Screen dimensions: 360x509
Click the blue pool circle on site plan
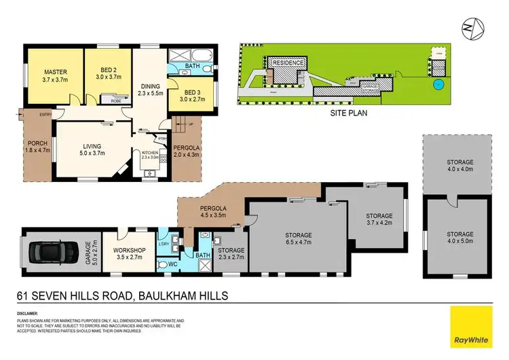click(438, 84)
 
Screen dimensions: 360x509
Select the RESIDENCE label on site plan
click(290, 62)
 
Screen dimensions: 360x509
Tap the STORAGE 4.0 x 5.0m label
click(455, 236)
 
